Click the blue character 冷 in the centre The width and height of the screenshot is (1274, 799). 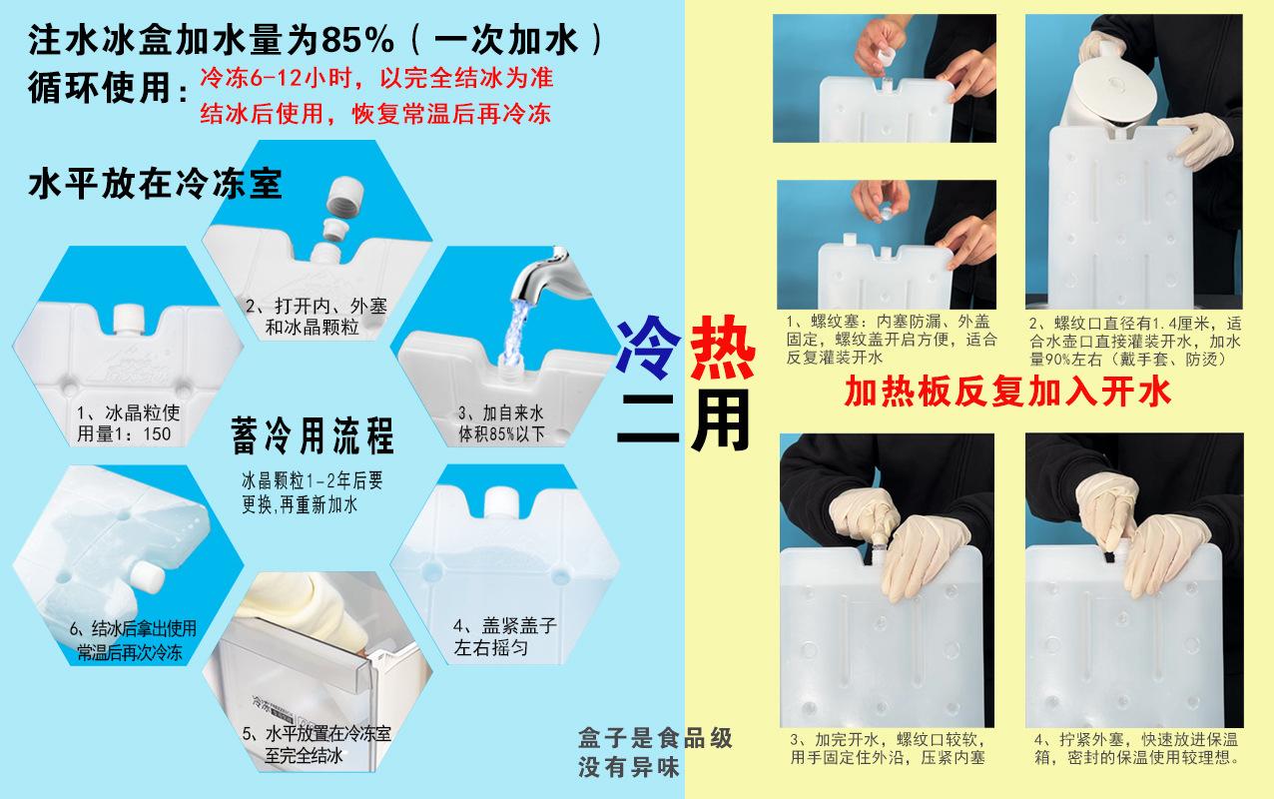[648, 347]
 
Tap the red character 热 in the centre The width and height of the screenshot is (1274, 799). [722, 347]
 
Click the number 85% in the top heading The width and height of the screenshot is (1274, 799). [357, 40]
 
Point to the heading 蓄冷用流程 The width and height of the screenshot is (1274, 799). [313, 435]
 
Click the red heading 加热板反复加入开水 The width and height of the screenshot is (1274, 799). [1007, 391]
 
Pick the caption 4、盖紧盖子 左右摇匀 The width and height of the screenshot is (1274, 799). [504, 637]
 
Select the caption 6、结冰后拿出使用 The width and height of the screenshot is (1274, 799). [133, 629]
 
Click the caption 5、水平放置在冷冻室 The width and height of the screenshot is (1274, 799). [317, 734]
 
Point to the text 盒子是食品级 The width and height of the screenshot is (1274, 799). [655, 738]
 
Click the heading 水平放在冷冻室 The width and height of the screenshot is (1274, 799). [156, 184]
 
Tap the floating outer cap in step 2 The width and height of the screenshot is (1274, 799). [345, 194]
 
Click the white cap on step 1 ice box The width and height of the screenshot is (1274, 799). [129, 323]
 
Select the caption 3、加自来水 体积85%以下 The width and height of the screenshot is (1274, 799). [501, 423]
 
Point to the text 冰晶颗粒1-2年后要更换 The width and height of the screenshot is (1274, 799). [313, 492]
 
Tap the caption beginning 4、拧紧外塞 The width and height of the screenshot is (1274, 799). [1136, 748]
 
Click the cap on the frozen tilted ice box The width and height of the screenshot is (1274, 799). [147, 575]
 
